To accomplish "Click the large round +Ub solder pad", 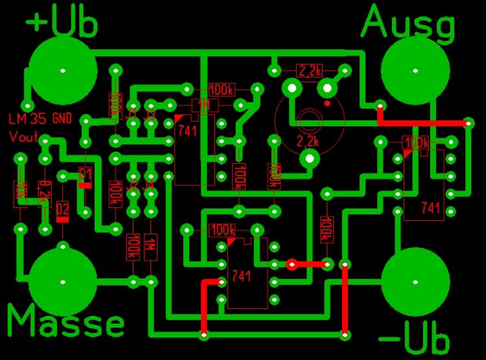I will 62,69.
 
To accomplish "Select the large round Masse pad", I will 62,282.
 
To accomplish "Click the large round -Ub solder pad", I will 416,282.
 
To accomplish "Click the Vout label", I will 23,137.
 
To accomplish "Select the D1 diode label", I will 85,173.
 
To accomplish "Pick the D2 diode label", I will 62,208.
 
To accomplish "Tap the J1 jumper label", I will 133,117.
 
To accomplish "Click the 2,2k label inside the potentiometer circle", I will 308,141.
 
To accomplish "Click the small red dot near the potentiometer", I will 328,102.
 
